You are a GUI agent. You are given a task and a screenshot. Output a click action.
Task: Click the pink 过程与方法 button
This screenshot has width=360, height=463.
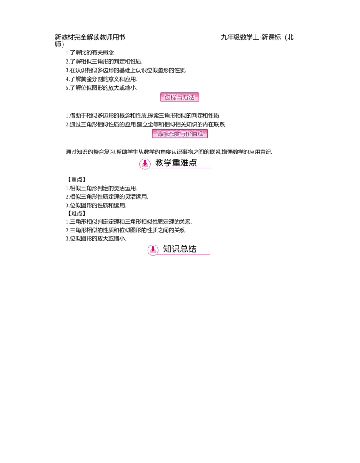coord(180,97)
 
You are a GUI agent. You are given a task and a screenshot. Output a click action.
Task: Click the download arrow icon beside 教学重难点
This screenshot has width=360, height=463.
coord(144,163)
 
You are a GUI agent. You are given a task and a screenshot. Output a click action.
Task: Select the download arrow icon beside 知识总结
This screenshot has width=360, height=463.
coord(153,250)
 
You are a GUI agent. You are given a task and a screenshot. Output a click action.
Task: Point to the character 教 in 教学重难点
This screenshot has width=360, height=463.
coord(160,163)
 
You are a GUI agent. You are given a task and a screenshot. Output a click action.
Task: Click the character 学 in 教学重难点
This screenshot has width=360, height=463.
coord(170,163)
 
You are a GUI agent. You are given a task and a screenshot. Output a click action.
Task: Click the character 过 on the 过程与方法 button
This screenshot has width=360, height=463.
coord(167,97)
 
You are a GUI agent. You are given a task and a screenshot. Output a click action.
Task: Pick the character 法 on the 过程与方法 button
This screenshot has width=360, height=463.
coord(192,97)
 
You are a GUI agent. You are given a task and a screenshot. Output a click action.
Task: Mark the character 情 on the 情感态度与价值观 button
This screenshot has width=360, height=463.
coord(159,134)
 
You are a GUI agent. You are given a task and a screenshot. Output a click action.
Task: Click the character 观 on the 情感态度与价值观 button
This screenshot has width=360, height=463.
coord(200,134)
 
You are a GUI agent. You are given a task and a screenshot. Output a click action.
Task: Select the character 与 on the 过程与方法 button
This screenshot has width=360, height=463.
coord(180,97)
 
